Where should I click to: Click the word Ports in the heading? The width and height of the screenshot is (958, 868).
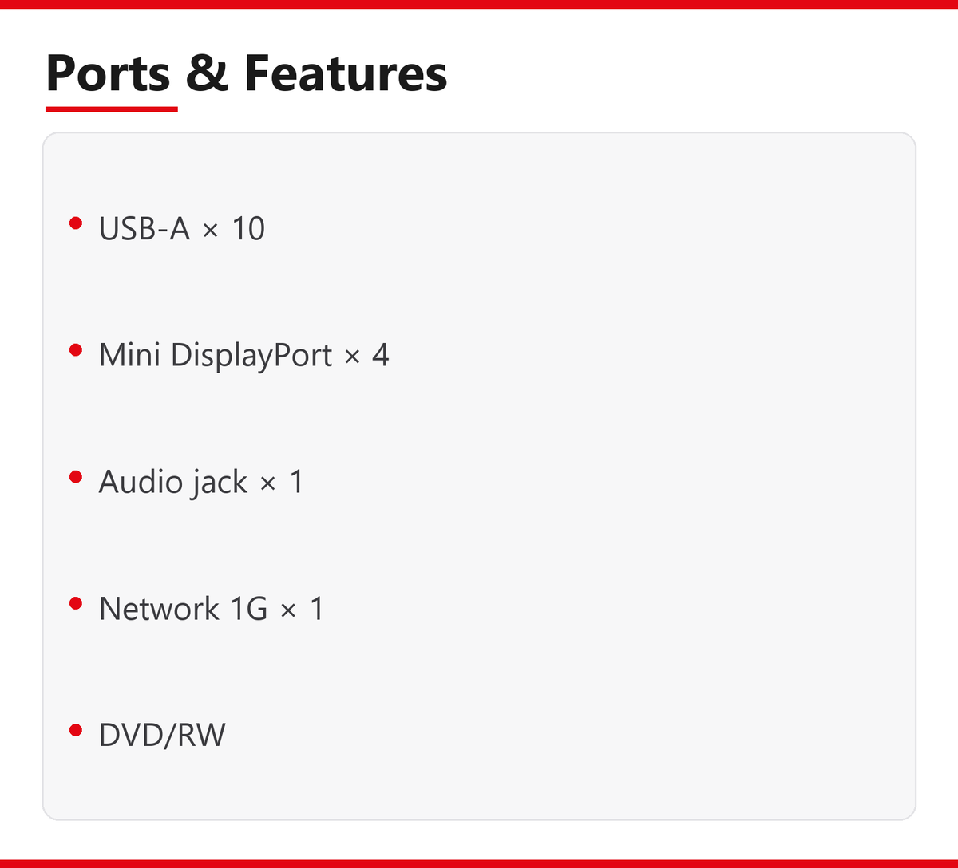tap(108, 73)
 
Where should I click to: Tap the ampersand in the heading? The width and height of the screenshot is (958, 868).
tap(207, 73)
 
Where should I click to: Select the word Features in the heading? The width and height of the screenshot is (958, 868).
tap(346, 73)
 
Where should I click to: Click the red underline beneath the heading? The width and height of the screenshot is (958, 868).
tap(111, 109)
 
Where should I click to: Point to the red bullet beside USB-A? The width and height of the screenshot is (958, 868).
tap(76, 223)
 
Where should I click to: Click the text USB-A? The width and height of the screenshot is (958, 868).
tap(144, 228)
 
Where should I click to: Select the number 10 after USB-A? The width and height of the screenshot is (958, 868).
tap(247, 228)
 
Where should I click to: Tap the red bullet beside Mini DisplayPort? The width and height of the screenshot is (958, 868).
tap(76, 350)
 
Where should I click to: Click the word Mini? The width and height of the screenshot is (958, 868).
tap(129, 355)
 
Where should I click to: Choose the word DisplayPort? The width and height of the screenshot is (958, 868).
tap(251, 356)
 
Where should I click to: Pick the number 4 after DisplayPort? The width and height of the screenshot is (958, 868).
tap(381, 355)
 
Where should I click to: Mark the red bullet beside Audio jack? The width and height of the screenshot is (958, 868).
tap(76, 476)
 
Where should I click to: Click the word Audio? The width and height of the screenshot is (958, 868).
tap(141, 481)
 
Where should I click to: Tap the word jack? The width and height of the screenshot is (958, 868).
tap(220, 483)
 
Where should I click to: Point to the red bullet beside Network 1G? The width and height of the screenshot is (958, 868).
tap(76, 603)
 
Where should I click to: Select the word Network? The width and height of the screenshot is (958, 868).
tap(159, 608)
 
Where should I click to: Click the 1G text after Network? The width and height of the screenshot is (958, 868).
tap(248, 608)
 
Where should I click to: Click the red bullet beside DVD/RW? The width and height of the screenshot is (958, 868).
tap(76, 730)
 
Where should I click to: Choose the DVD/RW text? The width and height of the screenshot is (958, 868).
tap(162, 735)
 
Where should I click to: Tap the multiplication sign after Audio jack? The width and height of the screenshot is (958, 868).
tap(268, 484)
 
